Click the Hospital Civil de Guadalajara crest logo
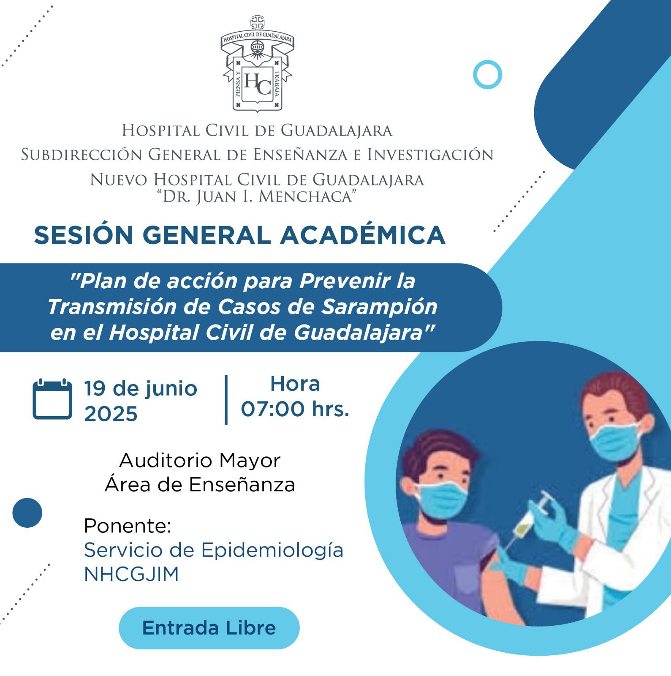tap(257, 64)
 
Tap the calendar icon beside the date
tap(52, 399)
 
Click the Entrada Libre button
tap(209, 628)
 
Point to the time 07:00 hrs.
tap(295, 409)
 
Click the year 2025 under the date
tap(111, 414)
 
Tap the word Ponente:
tap(128, 526)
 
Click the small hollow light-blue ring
tap(487, 74)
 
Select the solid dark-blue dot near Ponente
tap(27, 513)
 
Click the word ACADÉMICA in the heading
tap(363, 235)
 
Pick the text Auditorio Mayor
tap(200, 460)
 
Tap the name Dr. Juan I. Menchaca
tap(257, 196)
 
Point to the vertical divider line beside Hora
tap(226, 399)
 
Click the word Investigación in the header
tap(430, 155)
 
